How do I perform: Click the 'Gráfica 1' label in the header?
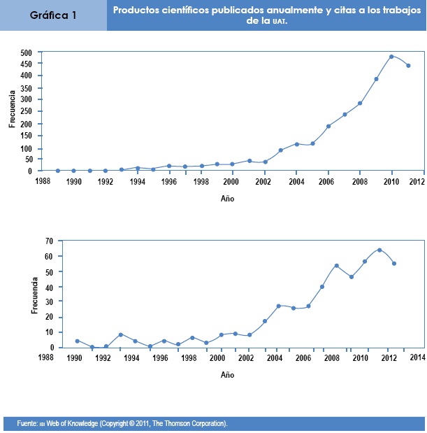[53, 15]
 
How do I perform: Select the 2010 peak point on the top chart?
[391, 57]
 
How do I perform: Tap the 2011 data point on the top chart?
[408, 66]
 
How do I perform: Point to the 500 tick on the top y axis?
[26, 53]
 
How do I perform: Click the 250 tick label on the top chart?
[26, 111]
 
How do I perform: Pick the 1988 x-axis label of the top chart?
[41, 182]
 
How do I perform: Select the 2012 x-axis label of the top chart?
[418, 182]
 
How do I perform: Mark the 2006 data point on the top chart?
[328, 127]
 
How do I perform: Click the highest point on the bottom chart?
[379, 250]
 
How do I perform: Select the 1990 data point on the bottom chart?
[77, 341]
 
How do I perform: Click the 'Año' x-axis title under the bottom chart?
[228, 375]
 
